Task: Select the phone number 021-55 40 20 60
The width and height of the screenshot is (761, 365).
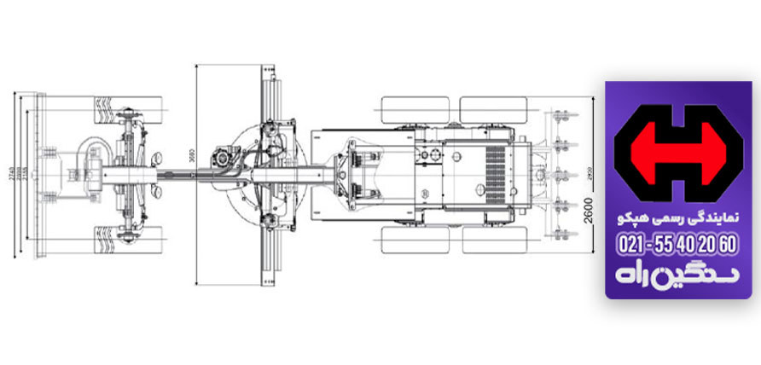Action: (x=677, y=245)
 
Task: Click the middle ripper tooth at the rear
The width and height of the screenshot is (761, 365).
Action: (x=561, y=175)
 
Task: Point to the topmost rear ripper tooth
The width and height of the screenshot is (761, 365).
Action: (x=561, y=115)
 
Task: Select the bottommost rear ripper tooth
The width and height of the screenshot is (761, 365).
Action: (x=561, y=233)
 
